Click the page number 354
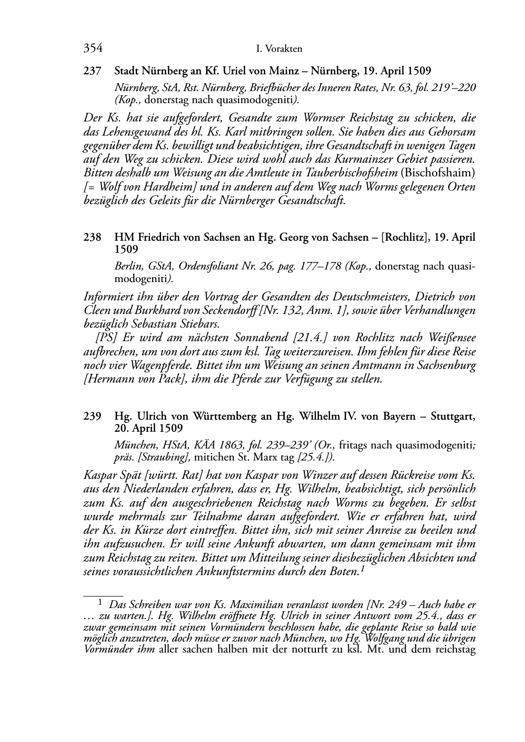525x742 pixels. pyautogui.click(x=93, y=49)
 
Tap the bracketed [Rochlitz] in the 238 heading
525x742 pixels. pyautogui.click(x=406, y=237)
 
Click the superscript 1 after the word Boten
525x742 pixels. pyautogui.click(x=362, y=569)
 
